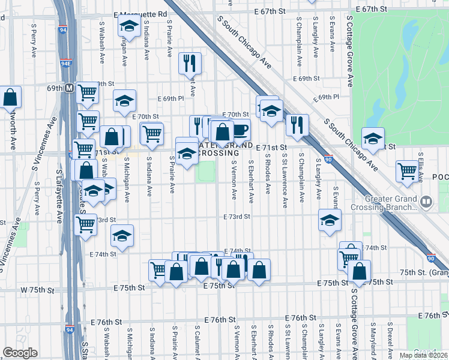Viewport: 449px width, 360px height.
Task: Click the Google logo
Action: coord(20,353)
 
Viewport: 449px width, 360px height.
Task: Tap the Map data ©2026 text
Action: coord(423,355)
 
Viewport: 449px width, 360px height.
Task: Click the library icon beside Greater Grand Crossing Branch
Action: coord(426,201)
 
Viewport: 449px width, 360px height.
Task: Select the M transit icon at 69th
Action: coord(69,88)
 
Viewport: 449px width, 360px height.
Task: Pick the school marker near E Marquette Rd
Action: coord(128,26)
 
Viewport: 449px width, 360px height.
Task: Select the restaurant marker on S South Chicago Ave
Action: coord(297,124)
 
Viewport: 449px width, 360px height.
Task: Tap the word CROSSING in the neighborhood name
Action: coord(217,153)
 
